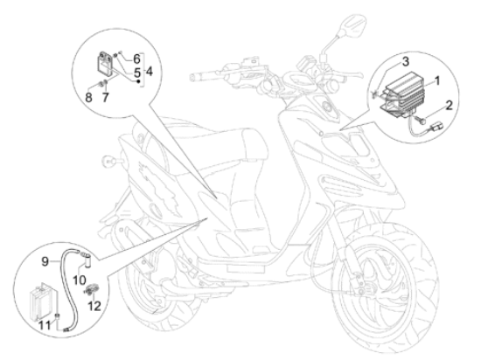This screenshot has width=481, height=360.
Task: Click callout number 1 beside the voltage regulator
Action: click(437, 81)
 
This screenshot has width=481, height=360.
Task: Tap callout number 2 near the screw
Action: click(449, 106)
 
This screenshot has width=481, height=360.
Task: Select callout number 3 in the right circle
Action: click(406, 61)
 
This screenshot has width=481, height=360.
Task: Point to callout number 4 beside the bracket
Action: click(149, 72)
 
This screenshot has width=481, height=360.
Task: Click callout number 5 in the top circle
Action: click(137, 73)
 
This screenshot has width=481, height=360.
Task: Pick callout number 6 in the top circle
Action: click(136, 59)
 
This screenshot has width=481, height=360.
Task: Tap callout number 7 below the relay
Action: click(105, 98)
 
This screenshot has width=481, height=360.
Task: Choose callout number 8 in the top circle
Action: click(88, 98)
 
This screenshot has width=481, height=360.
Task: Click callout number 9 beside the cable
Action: click(45, 261)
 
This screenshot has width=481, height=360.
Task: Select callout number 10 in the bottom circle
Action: click(80, 280)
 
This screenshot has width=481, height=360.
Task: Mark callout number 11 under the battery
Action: click(45, 325)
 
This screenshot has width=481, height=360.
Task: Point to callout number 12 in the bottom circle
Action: click(94, 306)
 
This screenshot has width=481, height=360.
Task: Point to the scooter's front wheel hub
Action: click(362, 289)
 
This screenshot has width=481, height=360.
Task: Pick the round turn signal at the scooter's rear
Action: click(108, 160)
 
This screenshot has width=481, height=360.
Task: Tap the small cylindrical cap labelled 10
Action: click(87, 260)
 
